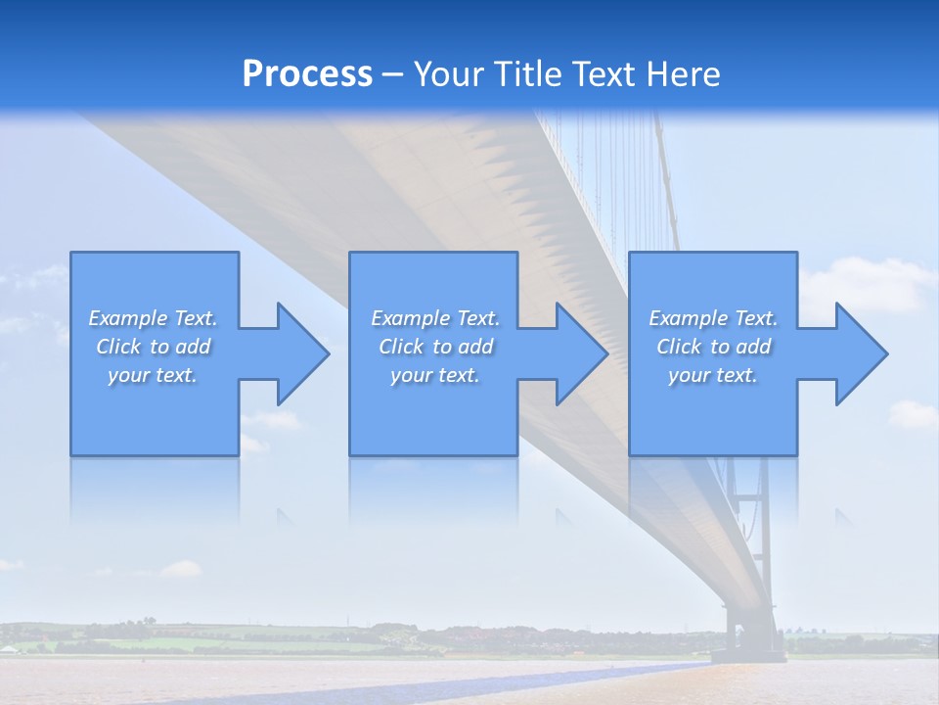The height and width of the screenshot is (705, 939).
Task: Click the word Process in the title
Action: click(x=307, y=74)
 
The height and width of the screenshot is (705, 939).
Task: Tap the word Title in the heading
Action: click(x=527, y=74)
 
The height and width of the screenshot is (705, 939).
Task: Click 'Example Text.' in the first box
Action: click(x=153, y=318)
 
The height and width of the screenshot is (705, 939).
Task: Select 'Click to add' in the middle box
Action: click(x=435, y=347)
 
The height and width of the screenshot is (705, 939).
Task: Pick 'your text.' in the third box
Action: click(x=712, y=375)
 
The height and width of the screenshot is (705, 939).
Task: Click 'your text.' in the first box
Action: click(x=153, y=375)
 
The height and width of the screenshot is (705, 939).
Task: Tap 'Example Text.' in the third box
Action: click(x=712, y=318)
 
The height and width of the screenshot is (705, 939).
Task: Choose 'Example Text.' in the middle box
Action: click(x=435, y=318)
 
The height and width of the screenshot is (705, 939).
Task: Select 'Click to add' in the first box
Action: click(x=153, y=347)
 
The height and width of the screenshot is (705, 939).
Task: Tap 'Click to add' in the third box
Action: click(x=712, y=347)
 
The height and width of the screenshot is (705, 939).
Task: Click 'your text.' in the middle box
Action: click(x=435, y=375)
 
